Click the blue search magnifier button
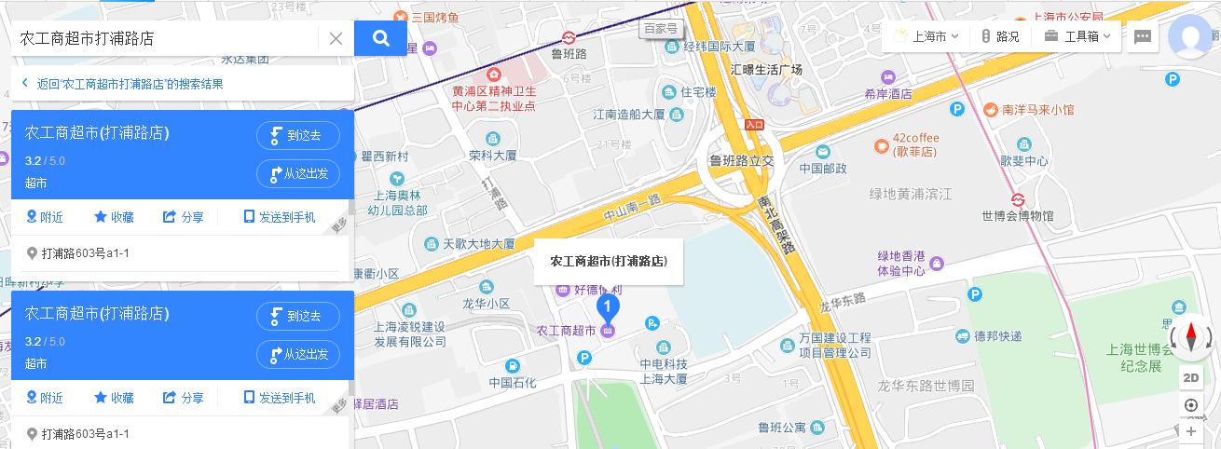(x=380, y=38)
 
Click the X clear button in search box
(x=336, y=38)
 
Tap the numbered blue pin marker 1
(x=608, y=306)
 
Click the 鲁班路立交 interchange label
(x=741, y=160)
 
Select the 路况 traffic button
(x=1000, y=37)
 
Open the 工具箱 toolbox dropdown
(x=1079, y=37)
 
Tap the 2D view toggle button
(x=1191, y=378)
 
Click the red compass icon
(x=1191, y=336)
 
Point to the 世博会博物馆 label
(x=1017, y=216)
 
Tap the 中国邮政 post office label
(x=823, y=169)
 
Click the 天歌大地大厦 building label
(x=478, y=243)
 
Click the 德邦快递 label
(x=997, y=336)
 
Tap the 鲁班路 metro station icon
(x=568, y=37)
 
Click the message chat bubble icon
(x=1143, y=37)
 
